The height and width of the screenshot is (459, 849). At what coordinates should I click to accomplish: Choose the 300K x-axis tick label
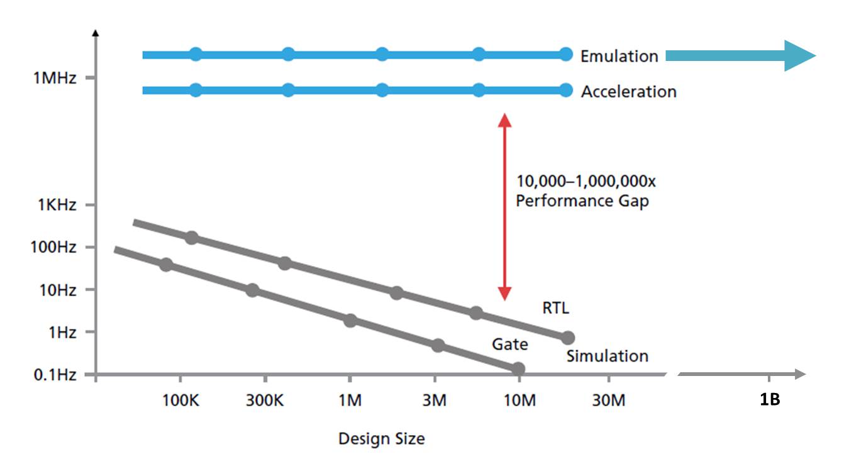tap(264, 400)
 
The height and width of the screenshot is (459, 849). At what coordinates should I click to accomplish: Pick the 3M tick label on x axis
tap(434, 400)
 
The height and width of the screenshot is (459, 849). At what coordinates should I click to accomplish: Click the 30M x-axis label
tap(608, 400)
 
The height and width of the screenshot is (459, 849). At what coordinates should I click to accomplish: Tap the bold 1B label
tap(770, 400)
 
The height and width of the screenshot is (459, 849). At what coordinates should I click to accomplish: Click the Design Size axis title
tap(381, 438)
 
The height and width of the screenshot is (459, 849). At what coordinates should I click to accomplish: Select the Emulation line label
tap(619, 56)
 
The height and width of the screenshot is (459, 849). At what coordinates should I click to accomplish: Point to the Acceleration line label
tap(628, 92)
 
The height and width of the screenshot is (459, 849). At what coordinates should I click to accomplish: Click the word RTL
tap(556, 308)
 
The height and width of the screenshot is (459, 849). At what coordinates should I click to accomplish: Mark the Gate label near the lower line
tap(509, 344)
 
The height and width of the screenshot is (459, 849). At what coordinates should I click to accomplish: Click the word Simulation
tap(607, 357)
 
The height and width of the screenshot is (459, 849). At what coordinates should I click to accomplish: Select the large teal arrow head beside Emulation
tap(799, 55)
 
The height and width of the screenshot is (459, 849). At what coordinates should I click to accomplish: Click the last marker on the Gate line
tap(518, 368)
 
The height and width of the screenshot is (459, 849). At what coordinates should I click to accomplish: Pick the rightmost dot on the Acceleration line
tap(566, 91)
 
